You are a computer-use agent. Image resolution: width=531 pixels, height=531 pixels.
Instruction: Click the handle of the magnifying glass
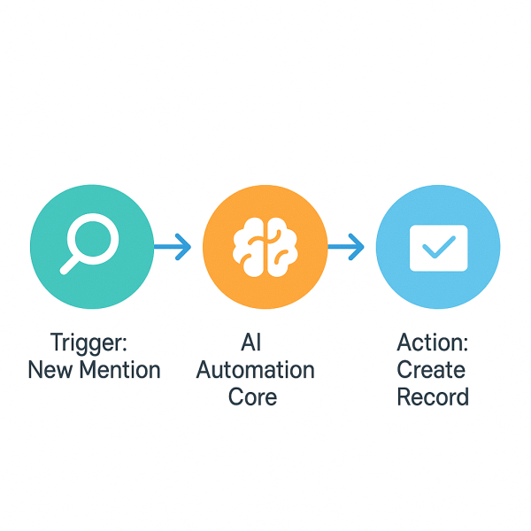[x=70, y=263]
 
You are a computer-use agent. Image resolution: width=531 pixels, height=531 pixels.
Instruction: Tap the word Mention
[x=120, y=370]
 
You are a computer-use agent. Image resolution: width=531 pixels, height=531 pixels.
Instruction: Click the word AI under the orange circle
[x=252, y=342]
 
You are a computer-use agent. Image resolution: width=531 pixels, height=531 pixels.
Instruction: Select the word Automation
[x=255, y=370]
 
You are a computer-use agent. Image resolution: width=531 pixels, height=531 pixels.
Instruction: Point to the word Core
[x=252, y=396]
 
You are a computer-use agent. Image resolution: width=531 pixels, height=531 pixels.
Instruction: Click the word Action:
[x=432, y=342]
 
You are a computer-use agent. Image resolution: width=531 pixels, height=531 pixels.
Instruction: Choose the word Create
[x=431, y=370]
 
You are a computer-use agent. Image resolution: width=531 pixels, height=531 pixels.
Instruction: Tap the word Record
[x=433, y=396]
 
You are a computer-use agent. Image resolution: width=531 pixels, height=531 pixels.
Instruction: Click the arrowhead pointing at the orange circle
[x=184, y=247]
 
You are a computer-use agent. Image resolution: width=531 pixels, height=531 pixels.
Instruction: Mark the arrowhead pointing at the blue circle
[x=358, y=247]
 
